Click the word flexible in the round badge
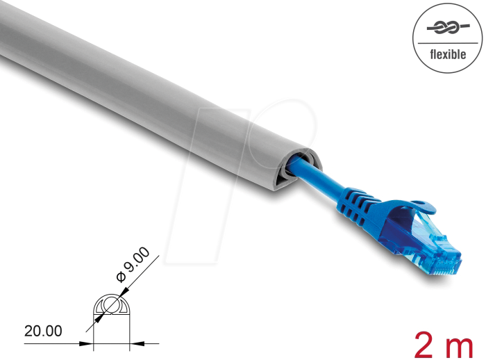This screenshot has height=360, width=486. click(x=448, y=54)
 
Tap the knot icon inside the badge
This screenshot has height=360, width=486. click(x=448, y=28)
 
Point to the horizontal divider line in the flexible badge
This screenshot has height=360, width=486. click(x=448, y=43)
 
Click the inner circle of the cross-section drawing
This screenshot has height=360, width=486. click(x=112, y=306)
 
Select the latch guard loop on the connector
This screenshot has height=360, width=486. click(x=420, y=206)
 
